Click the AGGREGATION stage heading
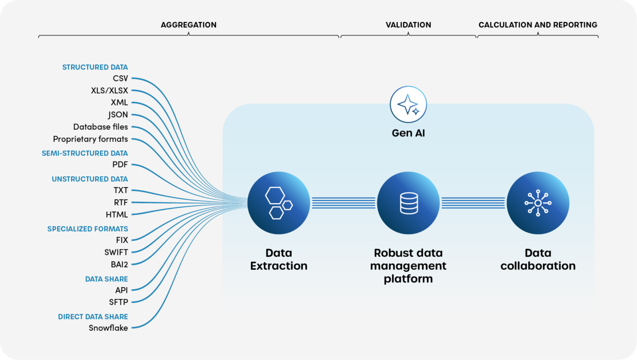point(189,25)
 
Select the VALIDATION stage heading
point(409,25)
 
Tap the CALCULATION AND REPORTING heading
point(538,25)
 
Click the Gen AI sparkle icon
point(408,105)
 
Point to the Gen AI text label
point(408,133)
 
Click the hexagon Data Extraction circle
point(279,203)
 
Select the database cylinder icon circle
point(409,203)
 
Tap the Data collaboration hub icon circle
point(538,203)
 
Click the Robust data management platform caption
point(409,266)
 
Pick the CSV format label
point(120,78)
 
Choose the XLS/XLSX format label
point(109,91)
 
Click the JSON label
point(118,115)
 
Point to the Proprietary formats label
point(91,139)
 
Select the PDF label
point(120,164)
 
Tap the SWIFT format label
point(116,252)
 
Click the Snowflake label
point(108,328)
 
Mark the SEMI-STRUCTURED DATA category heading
point(85,153)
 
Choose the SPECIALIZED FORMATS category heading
point(88,229)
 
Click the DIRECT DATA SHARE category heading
point(93,317)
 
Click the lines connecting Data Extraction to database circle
point(343,203)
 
